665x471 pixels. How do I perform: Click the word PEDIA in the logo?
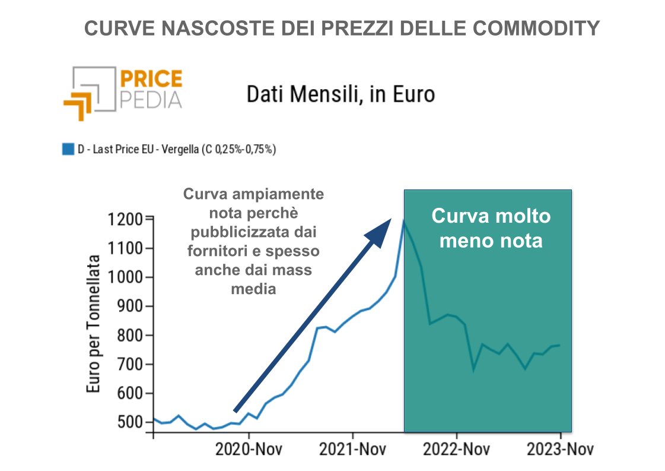[151, 100]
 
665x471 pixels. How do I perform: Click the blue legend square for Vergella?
[68, 149]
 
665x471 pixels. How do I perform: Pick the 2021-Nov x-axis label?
[352, 448]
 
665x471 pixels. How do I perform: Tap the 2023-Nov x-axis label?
[559, 448]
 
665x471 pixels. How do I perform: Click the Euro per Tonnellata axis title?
[94, 324]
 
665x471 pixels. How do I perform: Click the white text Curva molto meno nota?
[491, 228]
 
